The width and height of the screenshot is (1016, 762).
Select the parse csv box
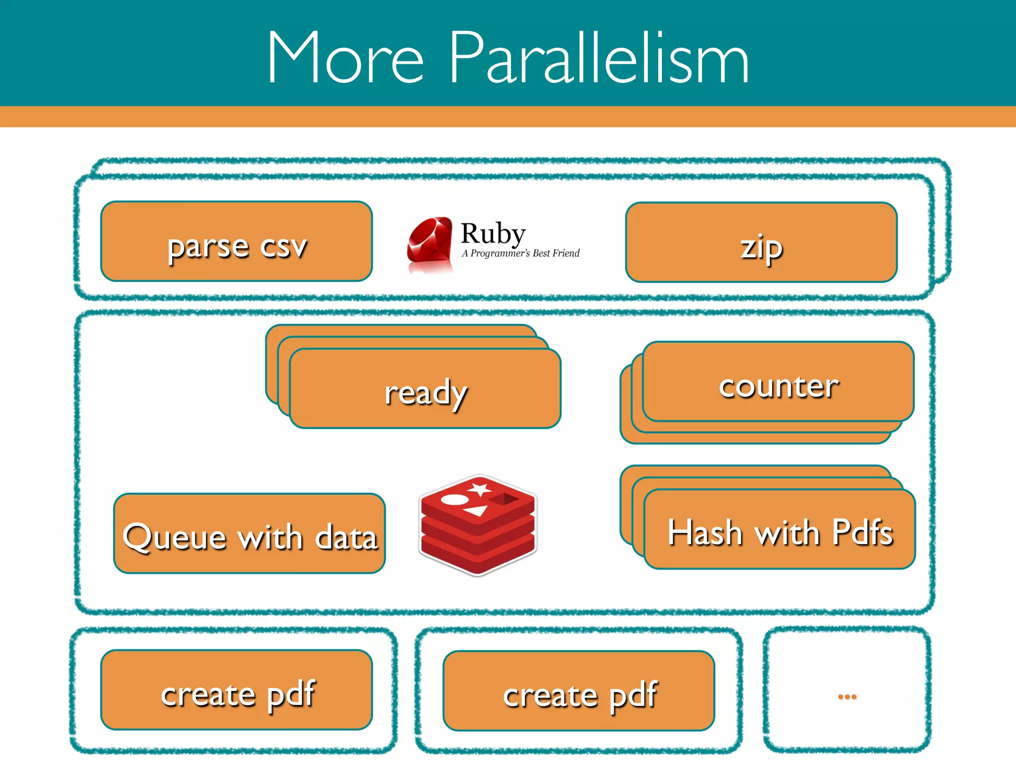(x=237, y=242)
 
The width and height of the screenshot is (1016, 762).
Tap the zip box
(x=762, y=243)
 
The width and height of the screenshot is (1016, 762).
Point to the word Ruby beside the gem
(x=493, y=233)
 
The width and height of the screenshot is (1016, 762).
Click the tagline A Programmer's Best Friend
(x=520, y=254)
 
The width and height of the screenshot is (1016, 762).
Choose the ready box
(x=425, y=389)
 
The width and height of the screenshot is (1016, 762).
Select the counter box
(x=778, y=382)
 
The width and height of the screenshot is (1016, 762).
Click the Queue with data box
(x=250, y=534)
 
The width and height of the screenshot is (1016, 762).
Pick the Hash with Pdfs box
(x=780, y=530)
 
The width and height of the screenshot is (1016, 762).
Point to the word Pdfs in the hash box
(x=863, y=532)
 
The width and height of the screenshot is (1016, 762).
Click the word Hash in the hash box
(x=704, y=532)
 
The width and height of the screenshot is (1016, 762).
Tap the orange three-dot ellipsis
(x=847, y=697)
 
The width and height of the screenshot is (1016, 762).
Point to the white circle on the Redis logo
(x=453, y=499)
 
